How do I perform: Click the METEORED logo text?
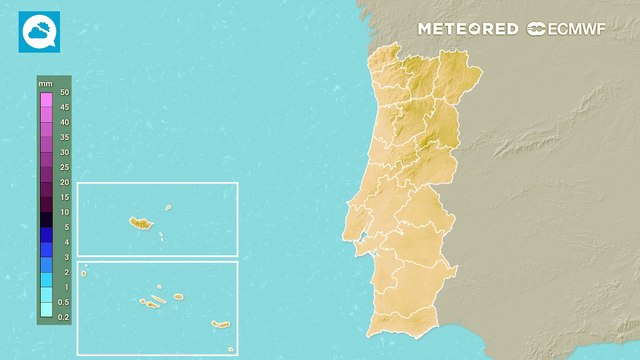468,29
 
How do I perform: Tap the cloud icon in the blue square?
39,31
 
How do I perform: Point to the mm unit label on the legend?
45,83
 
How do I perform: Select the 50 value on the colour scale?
64,92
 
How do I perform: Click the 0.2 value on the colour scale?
64,317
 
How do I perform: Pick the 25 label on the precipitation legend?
64,167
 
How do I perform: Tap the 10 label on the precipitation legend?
64,212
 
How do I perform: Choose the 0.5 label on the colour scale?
64,302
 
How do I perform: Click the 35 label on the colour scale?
64,137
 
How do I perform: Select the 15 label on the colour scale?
64,197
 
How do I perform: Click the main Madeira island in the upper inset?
138,222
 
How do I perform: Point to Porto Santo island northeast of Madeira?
168,208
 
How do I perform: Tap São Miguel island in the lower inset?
221,324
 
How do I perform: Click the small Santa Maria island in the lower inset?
230,349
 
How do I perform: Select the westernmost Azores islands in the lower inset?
84,269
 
